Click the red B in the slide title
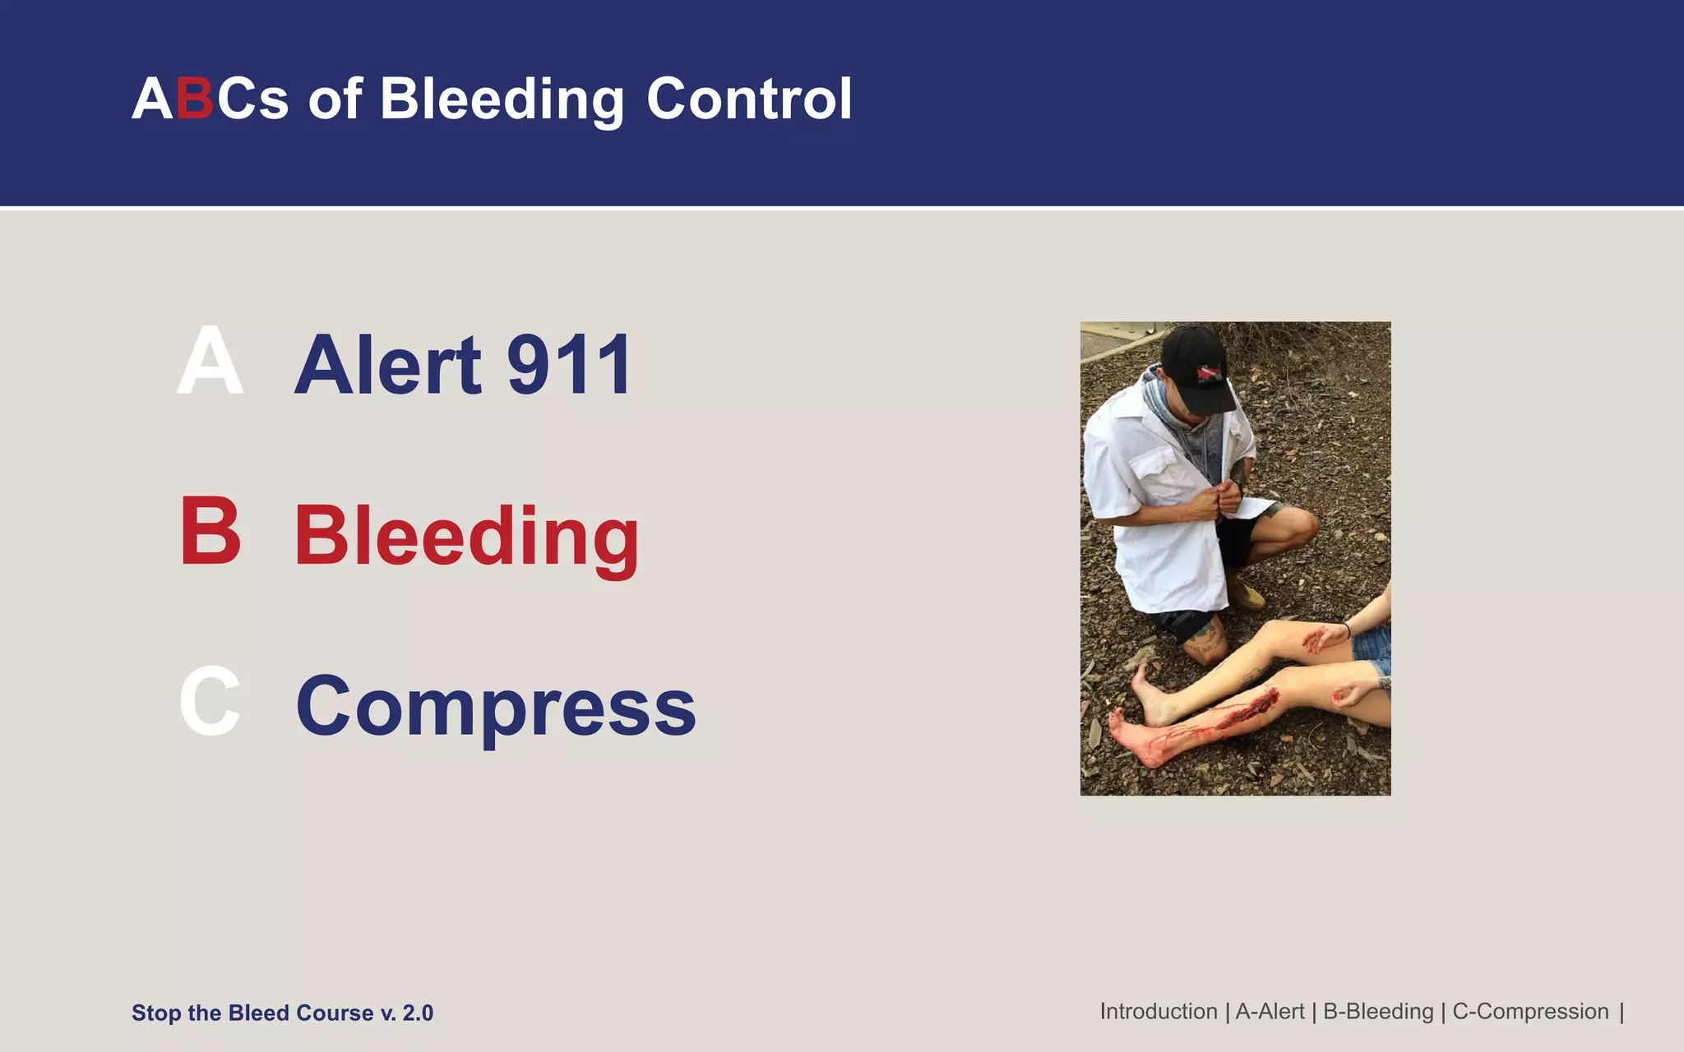195,99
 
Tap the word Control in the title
749,99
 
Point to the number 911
569,365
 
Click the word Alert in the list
388,365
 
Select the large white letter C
210,702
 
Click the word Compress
496,707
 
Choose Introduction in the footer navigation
1159,1012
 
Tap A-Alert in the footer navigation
1270,1012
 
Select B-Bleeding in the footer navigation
1378,1012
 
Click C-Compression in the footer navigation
1530,1012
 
